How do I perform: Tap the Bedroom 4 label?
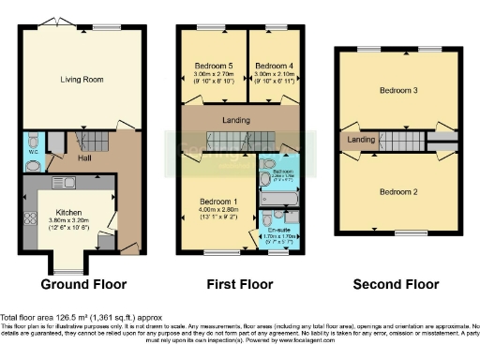click(274, 66)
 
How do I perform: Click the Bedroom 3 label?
click(397, 91)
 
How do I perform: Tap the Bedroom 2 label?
click(397, 191)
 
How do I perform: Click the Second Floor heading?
click(395, 283)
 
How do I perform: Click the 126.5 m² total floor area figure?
click(71, 319)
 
